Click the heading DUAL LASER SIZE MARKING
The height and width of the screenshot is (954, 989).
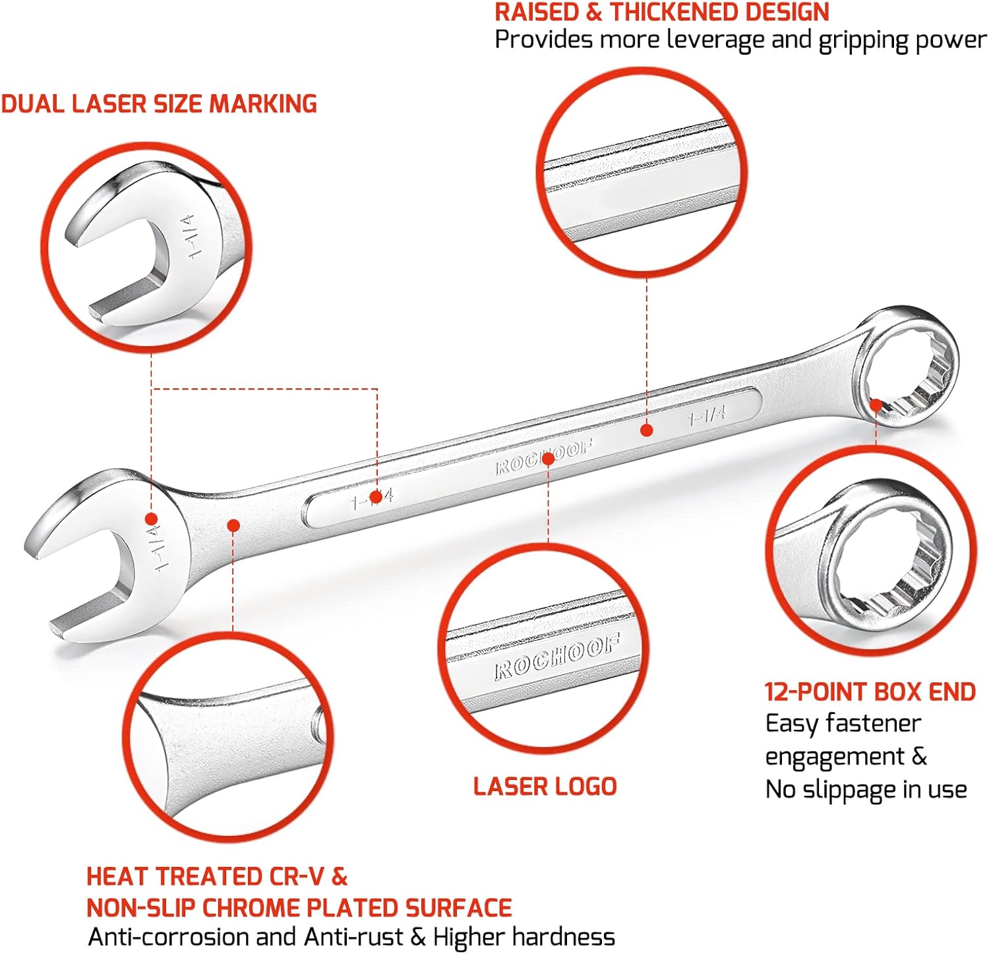(x=159, y=104)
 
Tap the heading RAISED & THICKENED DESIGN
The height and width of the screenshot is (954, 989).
(x=662, y=13)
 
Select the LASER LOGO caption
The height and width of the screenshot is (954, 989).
(x=545, y=786)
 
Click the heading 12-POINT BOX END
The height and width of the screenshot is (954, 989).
(x=870, y=692)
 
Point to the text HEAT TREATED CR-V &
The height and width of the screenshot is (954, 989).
(x=217, y=876)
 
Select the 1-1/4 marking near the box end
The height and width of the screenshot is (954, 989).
(x=706, y=415)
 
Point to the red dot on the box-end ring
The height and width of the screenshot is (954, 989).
(x=876, y=405)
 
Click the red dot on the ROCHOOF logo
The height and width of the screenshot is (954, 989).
(x=548, y=457)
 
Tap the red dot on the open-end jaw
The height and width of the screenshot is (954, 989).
(x=151, y=518)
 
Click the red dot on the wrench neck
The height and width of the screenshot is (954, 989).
(x=233, y=525)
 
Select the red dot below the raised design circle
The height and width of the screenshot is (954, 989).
(x=647, y=430)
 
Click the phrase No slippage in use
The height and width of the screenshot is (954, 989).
(x=866, y=789)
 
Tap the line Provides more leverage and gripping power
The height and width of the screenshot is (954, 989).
(x=740, y=40)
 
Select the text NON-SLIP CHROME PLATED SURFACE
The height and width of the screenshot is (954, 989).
(x=299, y=908)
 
